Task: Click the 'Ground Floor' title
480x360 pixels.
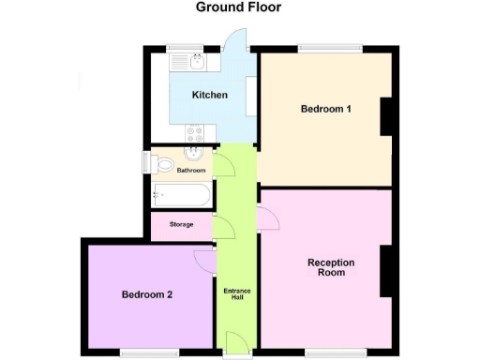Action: [238, 7]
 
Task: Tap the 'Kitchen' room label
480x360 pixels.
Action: [210, 95]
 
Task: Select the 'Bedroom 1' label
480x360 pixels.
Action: [326, 109]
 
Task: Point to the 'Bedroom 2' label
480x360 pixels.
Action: [147, 294]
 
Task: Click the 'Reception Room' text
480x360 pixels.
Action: [326, 267]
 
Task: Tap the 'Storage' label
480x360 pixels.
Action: [182, 225]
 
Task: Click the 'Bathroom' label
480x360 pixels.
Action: [191, 171]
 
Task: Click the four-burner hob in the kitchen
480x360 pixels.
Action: [196, 133]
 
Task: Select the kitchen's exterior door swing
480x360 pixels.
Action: [236, 40]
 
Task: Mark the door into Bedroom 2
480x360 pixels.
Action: [205, 260]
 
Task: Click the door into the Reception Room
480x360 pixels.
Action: [267, 218]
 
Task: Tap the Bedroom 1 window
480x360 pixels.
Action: [329, 47]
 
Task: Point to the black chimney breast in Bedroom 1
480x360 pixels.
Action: [385, 118]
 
